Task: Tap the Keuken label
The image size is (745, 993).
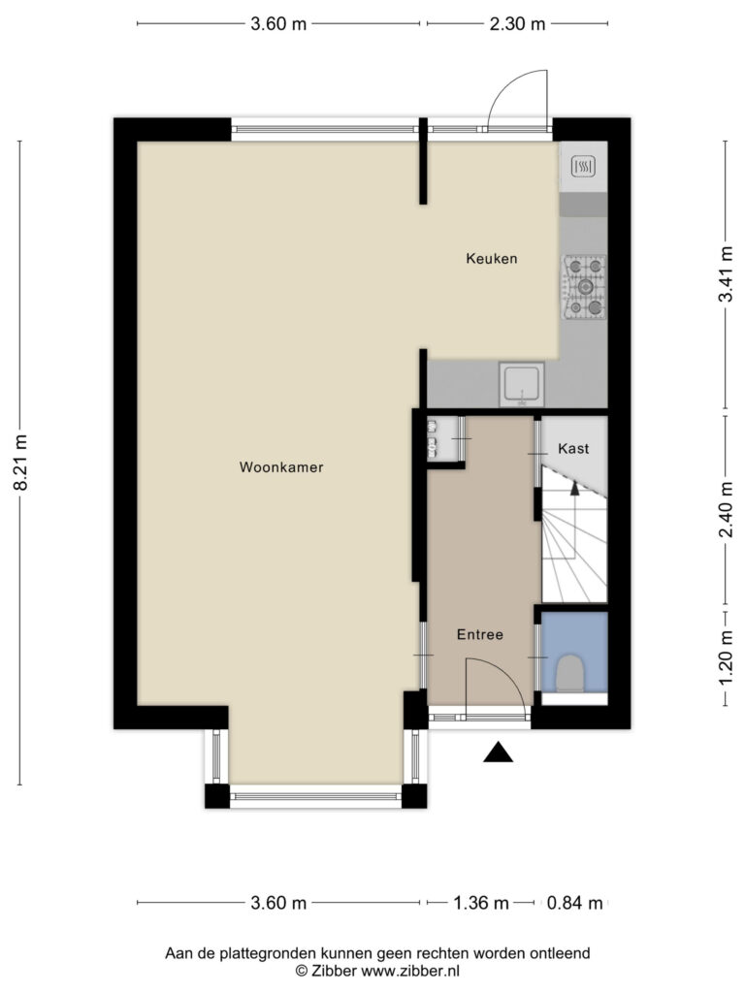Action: (492, 258)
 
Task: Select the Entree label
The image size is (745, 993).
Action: (480, 634)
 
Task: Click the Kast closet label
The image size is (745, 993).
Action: (573, 448)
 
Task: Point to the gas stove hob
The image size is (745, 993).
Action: (585, 287)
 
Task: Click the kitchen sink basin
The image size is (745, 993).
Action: (521, 384)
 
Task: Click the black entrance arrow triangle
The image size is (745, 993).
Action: (498, 752)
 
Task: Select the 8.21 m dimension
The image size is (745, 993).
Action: (20, 463)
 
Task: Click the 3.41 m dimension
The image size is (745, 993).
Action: (726, 274)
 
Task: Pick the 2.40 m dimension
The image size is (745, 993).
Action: (726, 509)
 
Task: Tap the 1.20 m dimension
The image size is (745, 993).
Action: (726, 659)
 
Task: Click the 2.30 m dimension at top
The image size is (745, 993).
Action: (517, 24)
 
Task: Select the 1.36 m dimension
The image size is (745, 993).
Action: (481, 903)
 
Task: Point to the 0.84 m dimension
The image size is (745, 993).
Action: (574, 903)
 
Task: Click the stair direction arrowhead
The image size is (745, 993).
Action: (574, 487)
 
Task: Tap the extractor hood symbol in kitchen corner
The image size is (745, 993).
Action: (583, 167)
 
